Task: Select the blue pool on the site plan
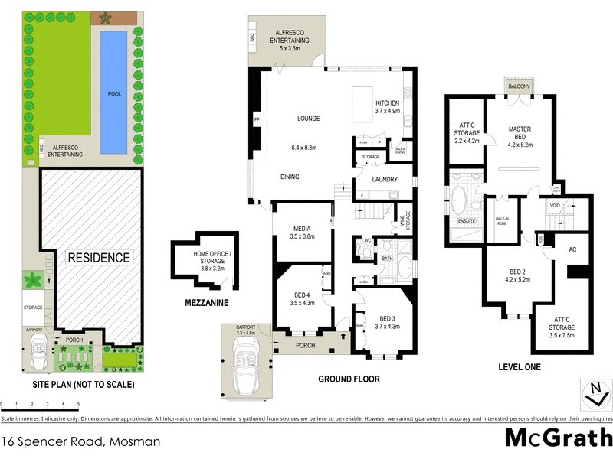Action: (113, 92)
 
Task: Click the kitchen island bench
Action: (362, 104)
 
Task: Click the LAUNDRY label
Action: (385, 180)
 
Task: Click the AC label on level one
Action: (572, 249)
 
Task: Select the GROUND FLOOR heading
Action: (349, 379)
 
